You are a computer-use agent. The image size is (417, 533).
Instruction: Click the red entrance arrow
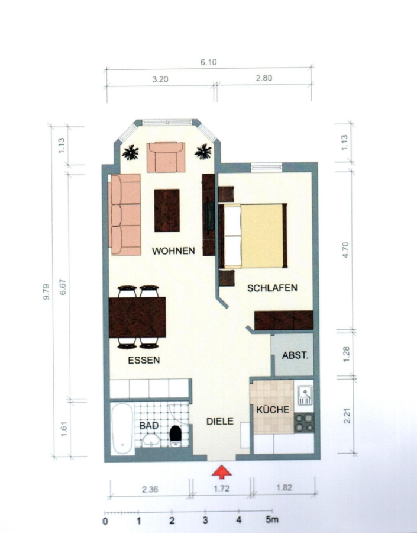221,472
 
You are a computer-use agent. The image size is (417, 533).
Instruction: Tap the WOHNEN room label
173,251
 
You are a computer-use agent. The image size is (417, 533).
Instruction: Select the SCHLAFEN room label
272,288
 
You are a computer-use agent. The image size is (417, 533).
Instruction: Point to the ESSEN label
144,360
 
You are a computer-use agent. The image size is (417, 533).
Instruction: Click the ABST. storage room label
295,355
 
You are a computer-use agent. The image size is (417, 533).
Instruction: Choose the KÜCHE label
273,409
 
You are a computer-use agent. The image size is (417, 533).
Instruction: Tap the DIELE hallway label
220,422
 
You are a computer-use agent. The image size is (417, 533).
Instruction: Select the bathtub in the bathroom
122,428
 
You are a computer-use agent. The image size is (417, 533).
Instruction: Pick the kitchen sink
305,396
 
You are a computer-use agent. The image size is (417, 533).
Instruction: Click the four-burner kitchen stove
304,422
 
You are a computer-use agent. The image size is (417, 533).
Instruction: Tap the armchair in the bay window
166,158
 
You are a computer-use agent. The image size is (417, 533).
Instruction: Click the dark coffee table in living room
167,210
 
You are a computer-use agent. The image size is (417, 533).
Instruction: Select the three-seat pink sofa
125,214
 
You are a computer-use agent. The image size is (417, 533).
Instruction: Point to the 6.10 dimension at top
208,62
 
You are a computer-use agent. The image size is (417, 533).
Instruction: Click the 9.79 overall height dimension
46,291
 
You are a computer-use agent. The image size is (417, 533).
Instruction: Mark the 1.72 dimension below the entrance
221,489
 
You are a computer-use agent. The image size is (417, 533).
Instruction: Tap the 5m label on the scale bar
271,519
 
